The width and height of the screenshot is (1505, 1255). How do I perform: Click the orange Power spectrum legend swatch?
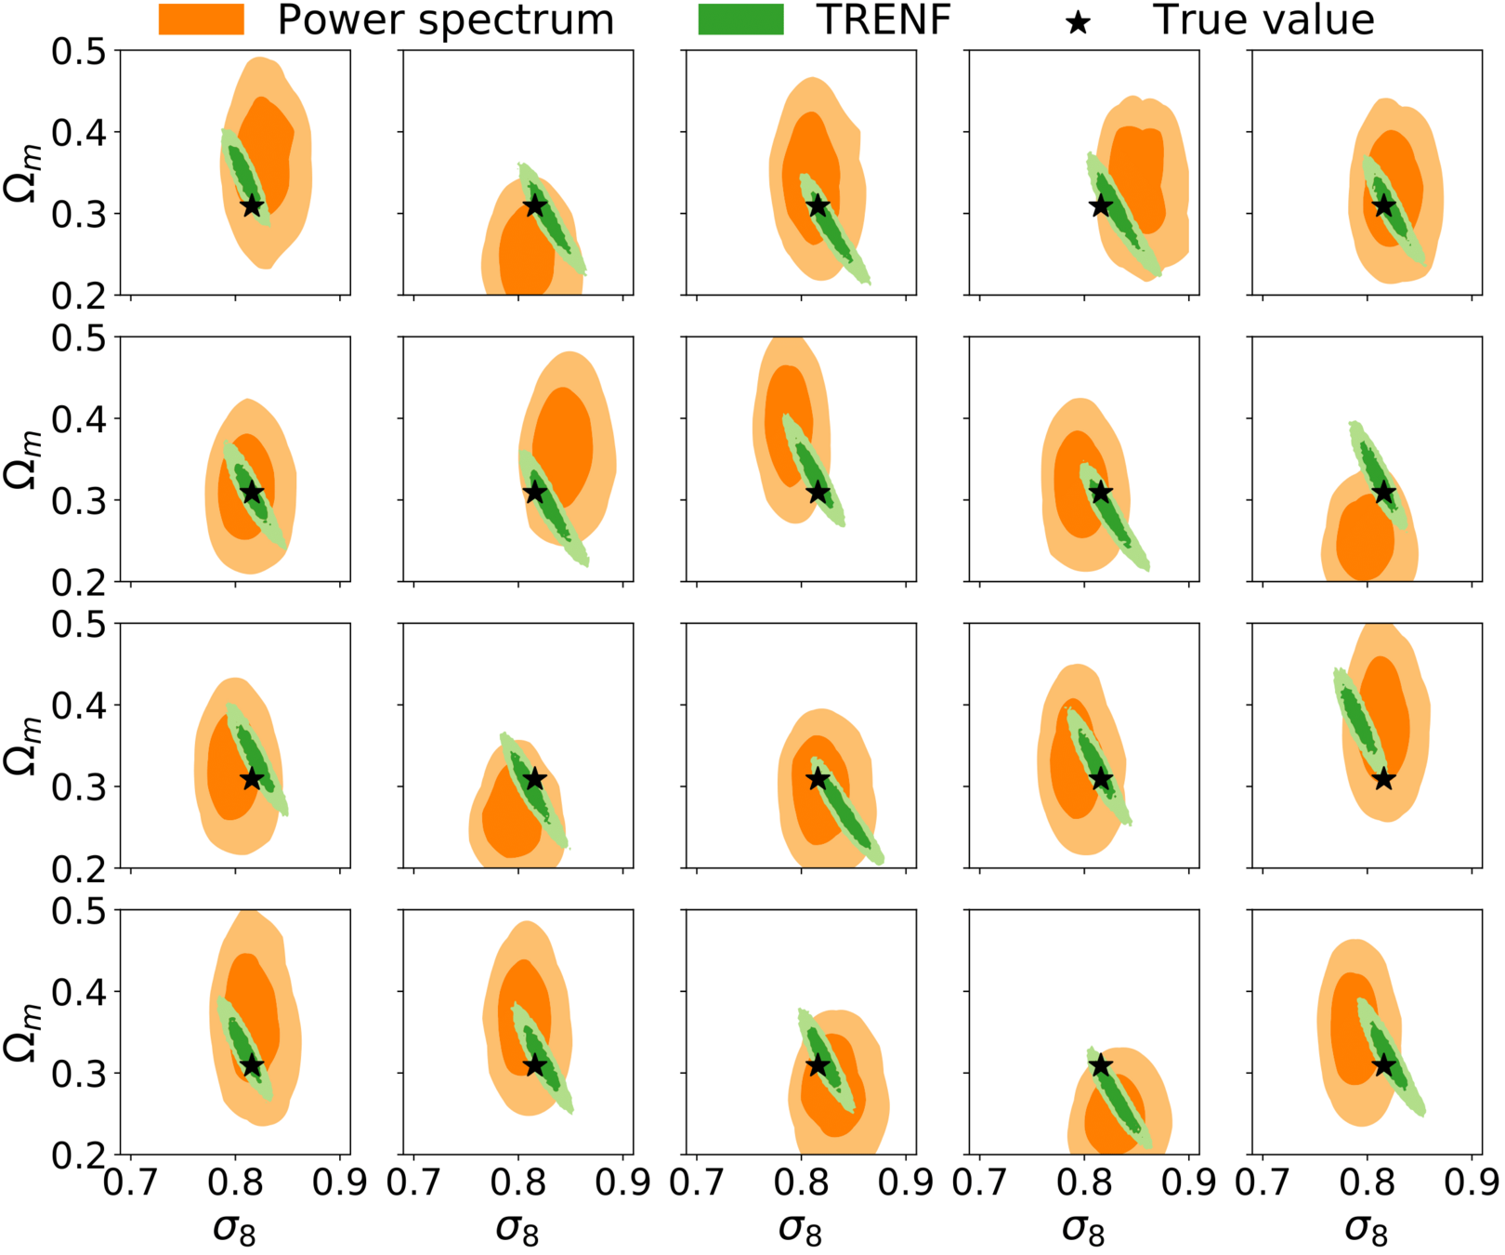pos(201,20)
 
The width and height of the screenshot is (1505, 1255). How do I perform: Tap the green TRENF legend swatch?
pos(740,20)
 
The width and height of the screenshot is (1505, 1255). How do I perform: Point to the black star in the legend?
pos(1078,20)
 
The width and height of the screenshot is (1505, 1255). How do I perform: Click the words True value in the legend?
pos(1263,20)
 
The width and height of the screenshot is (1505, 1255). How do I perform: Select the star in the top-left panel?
pos(252,205)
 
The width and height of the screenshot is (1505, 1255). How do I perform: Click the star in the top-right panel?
pos(1384,205)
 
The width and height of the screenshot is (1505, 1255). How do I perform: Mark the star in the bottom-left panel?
pos(252,1065)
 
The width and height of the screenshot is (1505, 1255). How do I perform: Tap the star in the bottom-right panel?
pos(1384,1065)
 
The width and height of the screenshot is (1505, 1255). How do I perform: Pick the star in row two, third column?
pos(818,492)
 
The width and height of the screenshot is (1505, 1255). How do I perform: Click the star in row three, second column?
pos(535,779)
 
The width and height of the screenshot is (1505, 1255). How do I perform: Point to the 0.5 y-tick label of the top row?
pos(79,52)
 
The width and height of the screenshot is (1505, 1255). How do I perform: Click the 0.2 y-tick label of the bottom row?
pos(79,1155)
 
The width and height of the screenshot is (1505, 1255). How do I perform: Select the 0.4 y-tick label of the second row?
pos(79,419)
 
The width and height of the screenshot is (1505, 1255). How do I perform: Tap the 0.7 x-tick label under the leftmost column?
pos(130,1182)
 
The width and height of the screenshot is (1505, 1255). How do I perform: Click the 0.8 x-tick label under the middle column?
pos(801,1182)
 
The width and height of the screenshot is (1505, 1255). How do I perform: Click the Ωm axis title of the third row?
pos(21,746)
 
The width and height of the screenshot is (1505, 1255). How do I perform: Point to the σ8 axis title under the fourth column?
pos(1083,1229)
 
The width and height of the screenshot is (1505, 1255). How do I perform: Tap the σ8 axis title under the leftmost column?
pos(234,1229)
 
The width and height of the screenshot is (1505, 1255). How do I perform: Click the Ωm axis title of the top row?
pos(21,173)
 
